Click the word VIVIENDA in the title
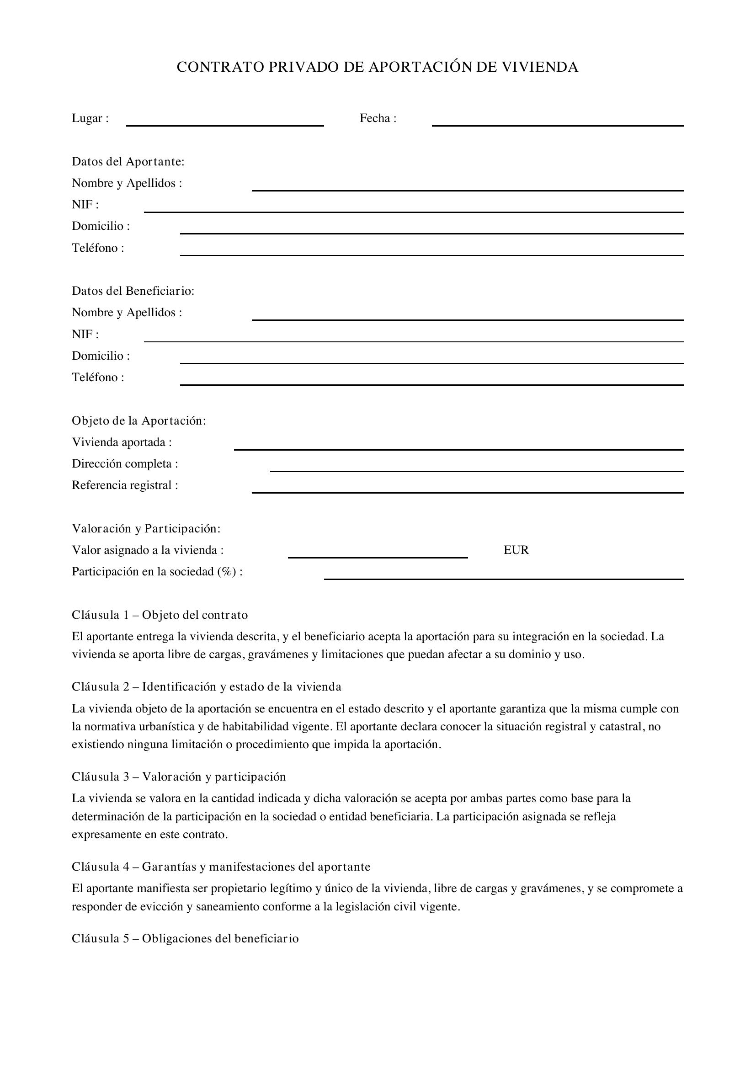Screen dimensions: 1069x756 (539, 68)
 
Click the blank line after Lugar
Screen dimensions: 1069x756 (225, 123)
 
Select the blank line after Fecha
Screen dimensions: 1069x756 (557, 123)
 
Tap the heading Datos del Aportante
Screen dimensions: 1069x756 (128, 161)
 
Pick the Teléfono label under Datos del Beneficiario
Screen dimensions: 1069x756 (98, 377)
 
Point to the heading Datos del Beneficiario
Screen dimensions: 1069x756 (133, 291)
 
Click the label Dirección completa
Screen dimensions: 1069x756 (125, 464)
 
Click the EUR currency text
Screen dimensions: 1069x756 (516, 550)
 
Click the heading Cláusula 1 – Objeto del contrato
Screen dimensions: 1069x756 (160, 615)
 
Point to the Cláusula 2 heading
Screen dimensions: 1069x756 (206, 687)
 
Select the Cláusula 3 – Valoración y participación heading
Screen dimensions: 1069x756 (179, 776)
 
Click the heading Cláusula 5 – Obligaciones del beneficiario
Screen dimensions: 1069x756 (185, 938)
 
